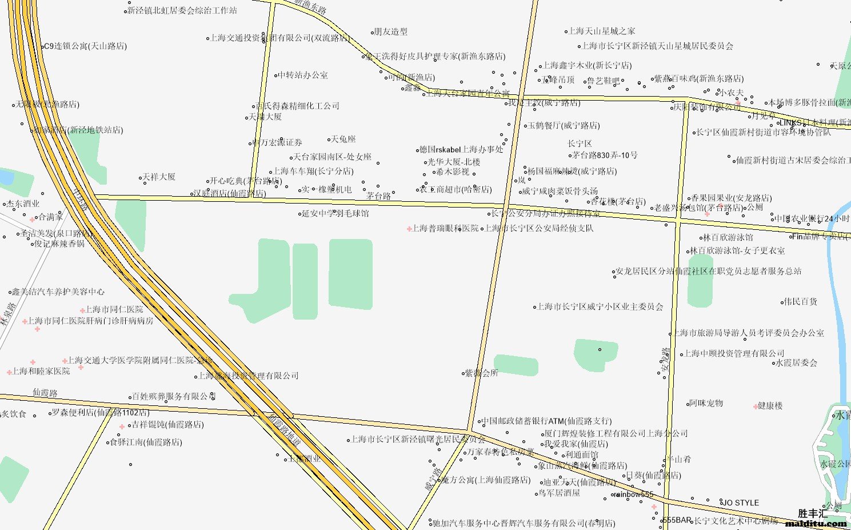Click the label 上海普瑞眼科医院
point(445,228)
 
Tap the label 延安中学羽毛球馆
point(336,213)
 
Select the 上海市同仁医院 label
point(114,309)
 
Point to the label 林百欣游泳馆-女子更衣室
point(737,250)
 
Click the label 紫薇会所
point(481,373)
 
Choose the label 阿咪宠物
point(706,403)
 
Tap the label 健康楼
point(770,405)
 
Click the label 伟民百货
point(800,301)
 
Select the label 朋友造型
point(390,31)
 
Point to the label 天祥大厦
point(159,177)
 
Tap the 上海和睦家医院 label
point(41,371)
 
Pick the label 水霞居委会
point(796,362)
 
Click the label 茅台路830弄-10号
point(605,155)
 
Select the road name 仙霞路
point(45,393)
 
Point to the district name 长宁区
point(580,144)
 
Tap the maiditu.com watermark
point(816,523)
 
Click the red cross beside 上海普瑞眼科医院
point(409,229)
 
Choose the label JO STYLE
point(741,503)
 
